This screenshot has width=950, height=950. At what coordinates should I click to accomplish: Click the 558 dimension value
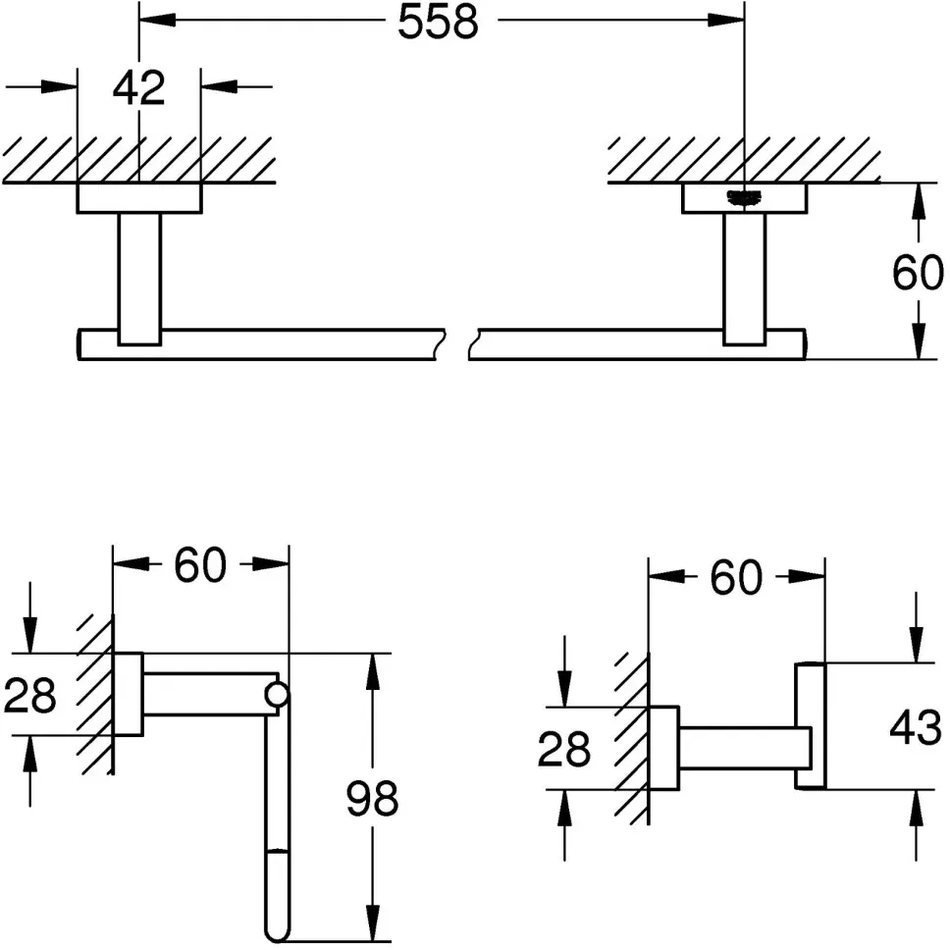[x=438, y=22]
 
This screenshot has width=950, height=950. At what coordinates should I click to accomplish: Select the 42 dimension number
[x=138, y=88]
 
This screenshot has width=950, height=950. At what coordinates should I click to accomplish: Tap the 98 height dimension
[x=372, y=798]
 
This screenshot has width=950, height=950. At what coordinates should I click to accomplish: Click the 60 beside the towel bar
[x=918, y=273]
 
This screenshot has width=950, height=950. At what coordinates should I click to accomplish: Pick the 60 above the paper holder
[x=200, y=564]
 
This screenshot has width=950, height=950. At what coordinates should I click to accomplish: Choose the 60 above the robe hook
[x=735, y=577]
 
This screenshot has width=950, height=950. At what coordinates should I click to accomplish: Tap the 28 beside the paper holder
[x=29, y=695]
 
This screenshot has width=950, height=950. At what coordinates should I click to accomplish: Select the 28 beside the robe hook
[x=563, y=749]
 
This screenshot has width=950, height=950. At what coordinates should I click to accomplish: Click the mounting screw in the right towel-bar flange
[x=744, y=198]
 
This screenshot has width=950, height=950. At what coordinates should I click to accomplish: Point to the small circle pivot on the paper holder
[x=278, y=694]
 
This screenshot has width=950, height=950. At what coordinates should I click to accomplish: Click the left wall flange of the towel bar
[x=139, y=198]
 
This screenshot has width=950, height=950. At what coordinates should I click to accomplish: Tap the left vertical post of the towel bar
[x=140, y=279]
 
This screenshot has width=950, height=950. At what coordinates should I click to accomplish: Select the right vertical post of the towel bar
[x=744, y=279]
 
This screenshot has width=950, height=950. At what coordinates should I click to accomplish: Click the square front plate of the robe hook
[x=810, y=726]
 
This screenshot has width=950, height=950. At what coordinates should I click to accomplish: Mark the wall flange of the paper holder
[x=128, y=694]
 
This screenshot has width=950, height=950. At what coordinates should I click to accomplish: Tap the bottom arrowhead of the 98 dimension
[x=373, y=923]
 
